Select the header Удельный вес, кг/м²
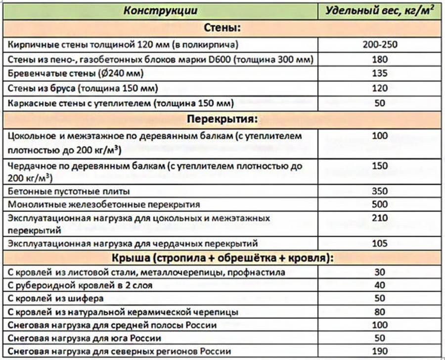(380, 10)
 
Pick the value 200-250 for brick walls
(380, 45)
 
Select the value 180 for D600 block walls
(380, 60)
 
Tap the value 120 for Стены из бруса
(380, 89)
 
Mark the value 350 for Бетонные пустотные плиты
(380, 190)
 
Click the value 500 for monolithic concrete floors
(380, 204)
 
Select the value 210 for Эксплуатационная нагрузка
(380, 218)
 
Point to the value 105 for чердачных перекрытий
(380, 243)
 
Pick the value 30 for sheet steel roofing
(380, 272)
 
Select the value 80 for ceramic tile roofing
(380, 312)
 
